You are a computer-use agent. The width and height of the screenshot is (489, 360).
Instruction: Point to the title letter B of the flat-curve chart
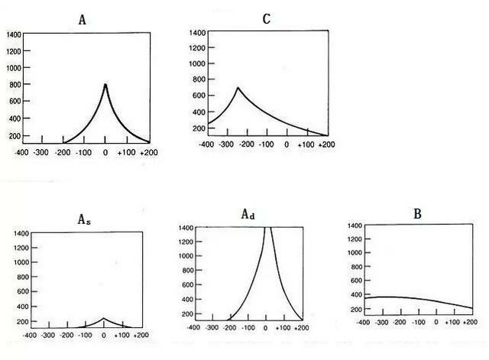(417, 214)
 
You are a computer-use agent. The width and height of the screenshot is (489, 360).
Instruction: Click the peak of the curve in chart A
(105, 84)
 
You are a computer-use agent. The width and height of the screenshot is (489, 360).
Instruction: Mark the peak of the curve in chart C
(238, 88)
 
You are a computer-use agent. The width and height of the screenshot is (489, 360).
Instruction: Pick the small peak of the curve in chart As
(104, 318)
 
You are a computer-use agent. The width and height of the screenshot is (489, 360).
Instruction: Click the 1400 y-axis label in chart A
(15, 34)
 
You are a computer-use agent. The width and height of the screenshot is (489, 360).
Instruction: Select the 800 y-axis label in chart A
(16, 85)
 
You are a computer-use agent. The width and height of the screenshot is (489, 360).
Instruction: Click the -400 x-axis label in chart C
(205, 144)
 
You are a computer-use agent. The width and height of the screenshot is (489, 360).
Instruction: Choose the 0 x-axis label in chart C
(287, 144)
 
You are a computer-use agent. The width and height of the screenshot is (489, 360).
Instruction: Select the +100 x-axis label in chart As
(123, 336)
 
